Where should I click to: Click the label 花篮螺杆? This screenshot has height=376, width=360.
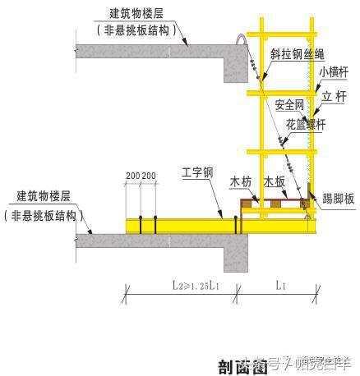[305, 125]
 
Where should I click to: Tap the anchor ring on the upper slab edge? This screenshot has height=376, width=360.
[241, 39]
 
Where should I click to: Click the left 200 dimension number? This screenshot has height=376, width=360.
[132, 177]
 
